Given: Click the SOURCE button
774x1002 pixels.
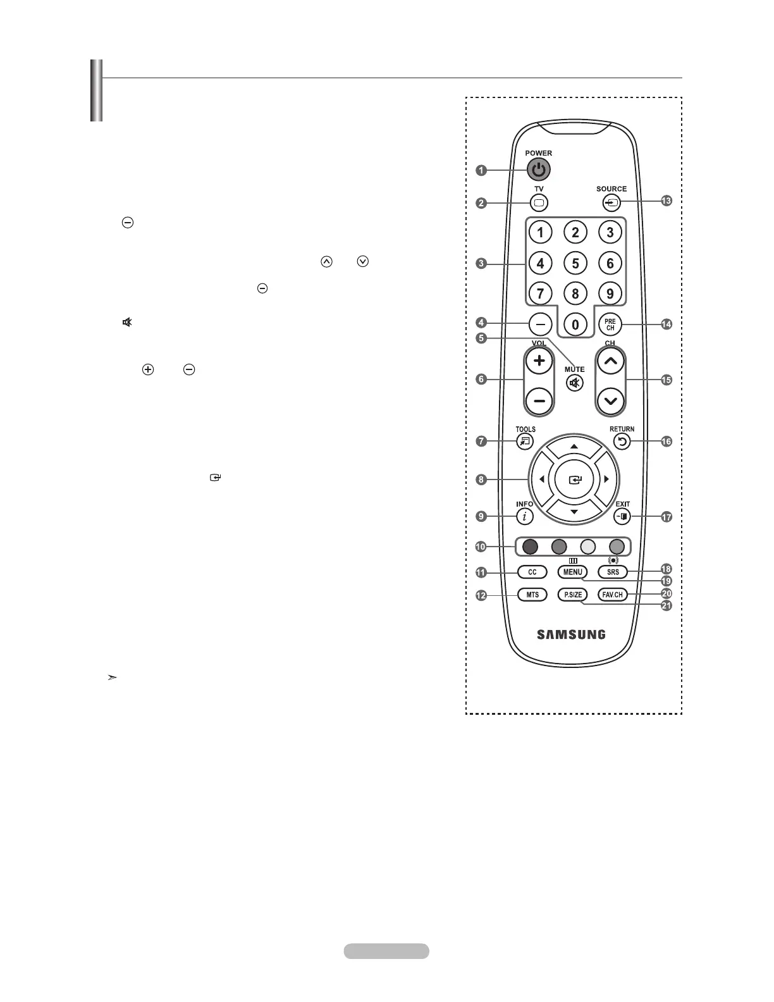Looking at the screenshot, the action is [611, 203].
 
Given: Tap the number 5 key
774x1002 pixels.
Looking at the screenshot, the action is [575, 263].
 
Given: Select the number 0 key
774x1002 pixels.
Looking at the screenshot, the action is [575, 325].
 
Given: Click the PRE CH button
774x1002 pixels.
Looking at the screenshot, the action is [610, 325].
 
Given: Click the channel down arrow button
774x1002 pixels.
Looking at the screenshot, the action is [610, 400].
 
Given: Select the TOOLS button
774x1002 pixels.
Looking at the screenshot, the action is [525, 442].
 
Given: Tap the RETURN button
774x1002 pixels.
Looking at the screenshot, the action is [622, 442].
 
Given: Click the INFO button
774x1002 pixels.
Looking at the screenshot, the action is [524, 517].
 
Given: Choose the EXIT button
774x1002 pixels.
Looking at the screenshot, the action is [623, 517].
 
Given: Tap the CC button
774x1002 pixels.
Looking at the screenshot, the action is [532, 572].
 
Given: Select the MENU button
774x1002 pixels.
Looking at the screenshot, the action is [572, 572].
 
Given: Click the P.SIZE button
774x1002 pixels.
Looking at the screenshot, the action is [572, 595].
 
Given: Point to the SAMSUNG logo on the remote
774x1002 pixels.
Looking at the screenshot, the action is [571, 634].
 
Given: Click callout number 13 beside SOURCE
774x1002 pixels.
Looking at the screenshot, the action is [666, 201].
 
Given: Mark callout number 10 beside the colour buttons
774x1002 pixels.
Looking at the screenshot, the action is [481, 547].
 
